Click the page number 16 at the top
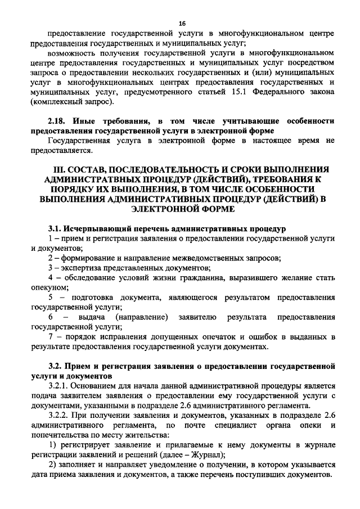click(x=182, y=22)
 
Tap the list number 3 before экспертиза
click(x=51, y=268)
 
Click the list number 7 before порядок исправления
click(x=51, y=336)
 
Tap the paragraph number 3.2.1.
click(x=59, y=385)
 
